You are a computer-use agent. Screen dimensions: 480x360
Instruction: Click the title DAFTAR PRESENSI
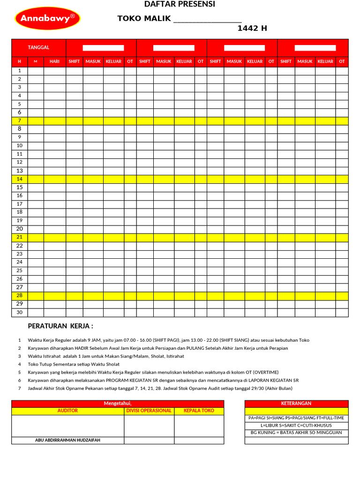[180, 4]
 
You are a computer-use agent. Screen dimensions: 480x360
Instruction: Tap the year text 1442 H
[252, 28]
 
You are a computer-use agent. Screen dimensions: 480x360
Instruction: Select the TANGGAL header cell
[39, 48]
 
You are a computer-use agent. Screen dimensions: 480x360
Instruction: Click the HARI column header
[55, 61]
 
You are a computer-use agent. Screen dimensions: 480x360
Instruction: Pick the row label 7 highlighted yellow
[20, 121]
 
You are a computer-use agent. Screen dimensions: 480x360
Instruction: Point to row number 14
[20, 179]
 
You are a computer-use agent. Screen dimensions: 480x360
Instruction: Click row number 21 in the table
[20, 237]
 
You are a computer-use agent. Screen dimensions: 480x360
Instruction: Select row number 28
[20, 295]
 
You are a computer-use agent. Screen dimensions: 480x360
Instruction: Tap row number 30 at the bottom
[20, 312]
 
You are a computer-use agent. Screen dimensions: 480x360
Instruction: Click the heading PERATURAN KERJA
[60, 326]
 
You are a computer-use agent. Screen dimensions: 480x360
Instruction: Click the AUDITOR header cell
[67, 411]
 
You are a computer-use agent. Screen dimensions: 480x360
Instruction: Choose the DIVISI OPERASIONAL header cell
[149, 411]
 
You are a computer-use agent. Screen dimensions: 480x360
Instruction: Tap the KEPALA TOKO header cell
[199, 411]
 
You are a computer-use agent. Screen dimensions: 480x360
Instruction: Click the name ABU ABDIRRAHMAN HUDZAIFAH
[67, 440]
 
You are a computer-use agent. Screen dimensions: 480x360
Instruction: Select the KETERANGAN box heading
[296, 404]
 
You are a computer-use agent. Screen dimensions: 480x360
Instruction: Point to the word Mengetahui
[118, 404]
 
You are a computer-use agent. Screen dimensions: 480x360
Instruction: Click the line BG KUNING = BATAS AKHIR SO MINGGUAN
[296, 433]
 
